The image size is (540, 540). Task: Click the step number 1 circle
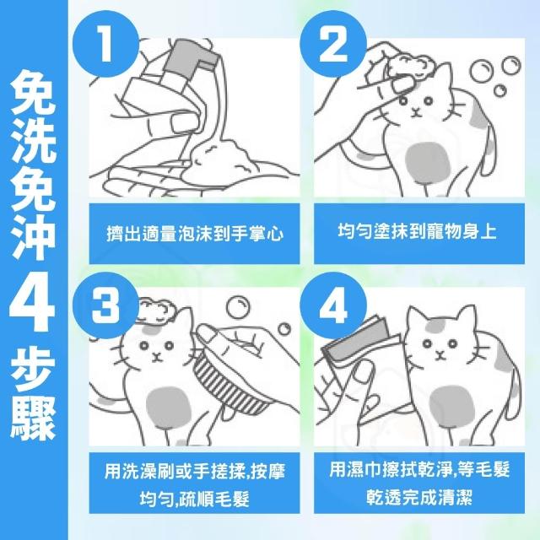(x=105, y=44)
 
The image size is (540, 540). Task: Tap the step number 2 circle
(x=333, y=44)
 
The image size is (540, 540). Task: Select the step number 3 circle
(x=105, y=305)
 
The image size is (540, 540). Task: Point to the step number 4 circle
(x=333, y=305)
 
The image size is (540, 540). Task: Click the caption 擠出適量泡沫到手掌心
(x=195, y=234)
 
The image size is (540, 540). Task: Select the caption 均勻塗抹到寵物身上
(x=418, y=230)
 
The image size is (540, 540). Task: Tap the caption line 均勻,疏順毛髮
(x=195, y=499)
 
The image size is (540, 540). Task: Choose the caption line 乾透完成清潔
(x=419, y=497)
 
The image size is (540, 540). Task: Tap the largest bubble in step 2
(x=481, y=73)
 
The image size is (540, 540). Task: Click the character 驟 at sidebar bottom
(x=33, y=418)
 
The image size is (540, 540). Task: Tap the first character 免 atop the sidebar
(x=33, y=92)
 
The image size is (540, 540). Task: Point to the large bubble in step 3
(x=238, y=307)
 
